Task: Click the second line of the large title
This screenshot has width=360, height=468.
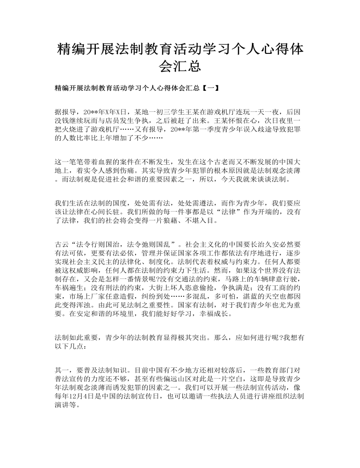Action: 180,66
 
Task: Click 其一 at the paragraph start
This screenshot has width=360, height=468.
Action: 61,370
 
